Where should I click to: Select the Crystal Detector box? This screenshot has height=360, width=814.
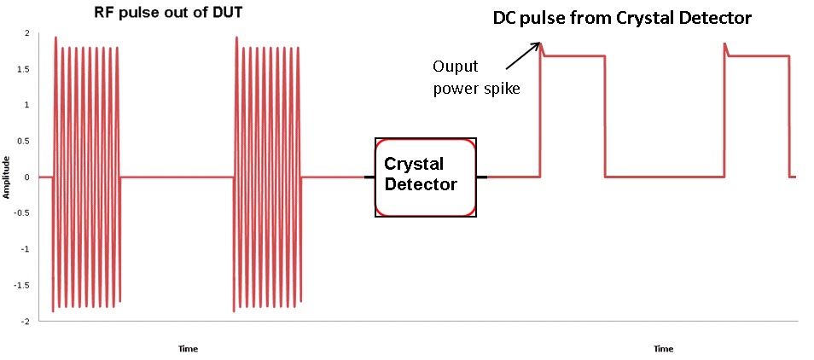pos(425,177)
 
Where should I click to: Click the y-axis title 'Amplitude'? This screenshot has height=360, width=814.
pos(7,177)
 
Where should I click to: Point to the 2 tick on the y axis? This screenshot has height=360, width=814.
pos(28,32)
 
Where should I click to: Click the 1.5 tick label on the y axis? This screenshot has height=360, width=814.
pos(26,68)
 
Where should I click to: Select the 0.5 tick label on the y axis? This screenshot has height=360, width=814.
pos(26,141)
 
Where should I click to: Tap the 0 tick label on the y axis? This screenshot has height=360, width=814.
pos(28,177)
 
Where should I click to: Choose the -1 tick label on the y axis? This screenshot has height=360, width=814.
pos(26,250)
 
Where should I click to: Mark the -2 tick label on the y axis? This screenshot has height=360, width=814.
pos(26,322)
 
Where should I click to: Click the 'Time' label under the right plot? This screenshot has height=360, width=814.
pos(663,348)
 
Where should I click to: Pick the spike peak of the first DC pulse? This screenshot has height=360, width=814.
pos(541,44)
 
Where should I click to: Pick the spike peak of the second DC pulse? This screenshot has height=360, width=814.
pos(724,44)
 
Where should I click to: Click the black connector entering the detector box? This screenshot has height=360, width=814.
pos(369,177)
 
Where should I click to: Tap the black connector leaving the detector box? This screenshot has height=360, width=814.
pos(481,177)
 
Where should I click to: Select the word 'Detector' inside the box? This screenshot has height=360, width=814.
pos(421,183)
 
